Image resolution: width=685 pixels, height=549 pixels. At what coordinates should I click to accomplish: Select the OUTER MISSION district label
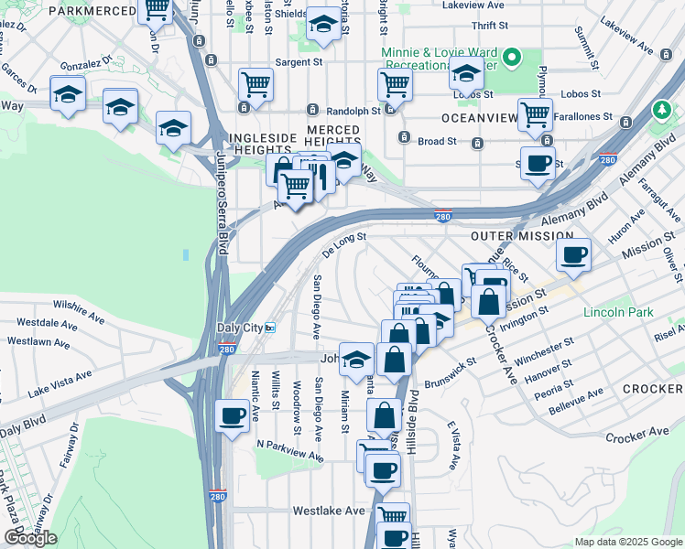[x=521, y=235]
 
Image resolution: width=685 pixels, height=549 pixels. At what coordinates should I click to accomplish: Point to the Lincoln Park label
[x=618, y=312]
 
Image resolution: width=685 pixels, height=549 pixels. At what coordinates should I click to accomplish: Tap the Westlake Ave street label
[x=329, y=511]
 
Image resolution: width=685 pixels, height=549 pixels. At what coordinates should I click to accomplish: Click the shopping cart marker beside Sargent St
[x=256, y=84]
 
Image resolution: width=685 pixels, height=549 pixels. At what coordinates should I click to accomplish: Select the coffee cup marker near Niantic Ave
[x=232, y=416]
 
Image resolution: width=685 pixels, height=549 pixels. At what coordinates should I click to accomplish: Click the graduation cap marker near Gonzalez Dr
[x=68, y=94]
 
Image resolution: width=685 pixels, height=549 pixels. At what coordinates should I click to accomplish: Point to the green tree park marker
[x=661, y=110]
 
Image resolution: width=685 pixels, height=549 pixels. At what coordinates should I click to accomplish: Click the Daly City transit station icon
[x=270, y=327]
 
